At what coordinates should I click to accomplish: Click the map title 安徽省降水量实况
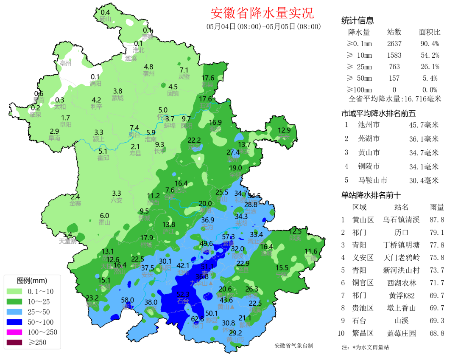tap(263, 13)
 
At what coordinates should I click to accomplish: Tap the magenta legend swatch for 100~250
tap(16, 332)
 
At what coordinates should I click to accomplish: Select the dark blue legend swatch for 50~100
tap(16, 322)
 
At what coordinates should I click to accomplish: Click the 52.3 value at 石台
tap(183, 294)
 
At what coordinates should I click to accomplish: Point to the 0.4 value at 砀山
tap(105, 12)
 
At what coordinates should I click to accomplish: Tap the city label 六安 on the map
tap(117, 200)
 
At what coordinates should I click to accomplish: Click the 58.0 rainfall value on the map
tap(128, 300)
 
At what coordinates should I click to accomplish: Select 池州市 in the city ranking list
tap(369, 125)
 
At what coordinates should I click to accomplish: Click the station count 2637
tap(394, 44)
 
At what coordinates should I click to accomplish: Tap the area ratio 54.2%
tap(429, 55)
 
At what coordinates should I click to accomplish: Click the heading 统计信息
tap(357, 20)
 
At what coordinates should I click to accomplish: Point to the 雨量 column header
tap(437, 207)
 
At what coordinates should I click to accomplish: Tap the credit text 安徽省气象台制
tap(294, 346)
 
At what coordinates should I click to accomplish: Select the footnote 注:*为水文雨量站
tap(365, 347)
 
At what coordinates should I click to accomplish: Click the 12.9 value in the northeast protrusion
tap(284, 130)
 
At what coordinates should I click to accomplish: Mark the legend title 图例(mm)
tap(32, 281)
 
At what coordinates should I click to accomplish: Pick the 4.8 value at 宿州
tap(148, 67)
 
